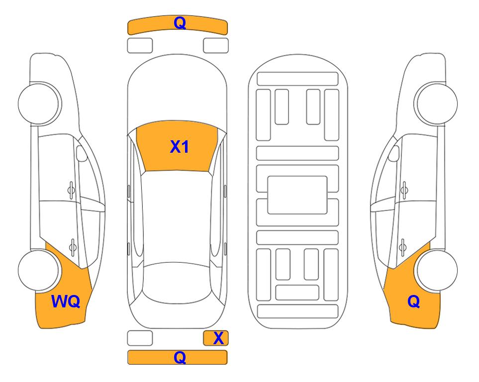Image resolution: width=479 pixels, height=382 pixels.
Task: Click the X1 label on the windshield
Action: pyautogui.click(x=180, y=147)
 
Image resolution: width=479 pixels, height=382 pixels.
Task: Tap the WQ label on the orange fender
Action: pyautogui.click(x=66, y=301)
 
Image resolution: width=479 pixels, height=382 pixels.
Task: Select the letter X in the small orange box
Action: pyautogui.click(x=218, y=338)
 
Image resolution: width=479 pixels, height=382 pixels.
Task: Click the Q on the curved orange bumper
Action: pyautogui.click(x=180, y=23)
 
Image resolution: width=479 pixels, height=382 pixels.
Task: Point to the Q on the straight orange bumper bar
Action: pyautogui.click(x=180, y=357)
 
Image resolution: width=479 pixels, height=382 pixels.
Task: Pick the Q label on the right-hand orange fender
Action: pyautogui.click(x=414, y=301)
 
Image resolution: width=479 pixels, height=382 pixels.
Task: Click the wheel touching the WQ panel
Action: pyautogui.click(x=39, y=270)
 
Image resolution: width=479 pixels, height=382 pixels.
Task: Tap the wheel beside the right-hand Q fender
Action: pyautogui.click(x=437, y=270)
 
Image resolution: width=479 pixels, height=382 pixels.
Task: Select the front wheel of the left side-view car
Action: pyautogui.click(x=39, y=103)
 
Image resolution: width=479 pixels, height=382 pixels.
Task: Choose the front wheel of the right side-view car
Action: pyautogui.click(x=437, y=103)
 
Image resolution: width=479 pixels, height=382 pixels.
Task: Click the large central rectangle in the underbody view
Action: pyautogui.click(x=297, y=195)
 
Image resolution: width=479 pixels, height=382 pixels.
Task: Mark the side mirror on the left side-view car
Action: pyautogui.click(x=81, y=153)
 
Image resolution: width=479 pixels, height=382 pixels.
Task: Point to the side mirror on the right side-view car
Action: pyautogui.click(x=394, y=153)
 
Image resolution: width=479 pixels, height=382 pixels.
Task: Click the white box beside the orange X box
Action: pyautogui.click(x=140, y=338)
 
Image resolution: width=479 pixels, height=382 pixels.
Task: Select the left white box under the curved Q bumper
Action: pyautogui.click(x=140, y=46)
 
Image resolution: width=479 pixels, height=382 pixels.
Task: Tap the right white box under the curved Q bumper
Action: pyautogui.click(x=216, y=46)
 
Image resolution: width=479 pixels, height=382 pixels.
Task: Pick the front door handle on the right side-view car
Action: pyautogui.click(x=404, y=190)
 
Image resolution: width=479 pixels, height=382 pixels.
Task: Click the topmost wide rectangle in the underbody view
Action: pyautogui.click(x=297, y=79)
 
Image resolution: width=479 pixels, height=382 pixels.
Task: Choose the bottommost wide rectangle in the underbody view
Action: pyautogui.click(x=297, y=311)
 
